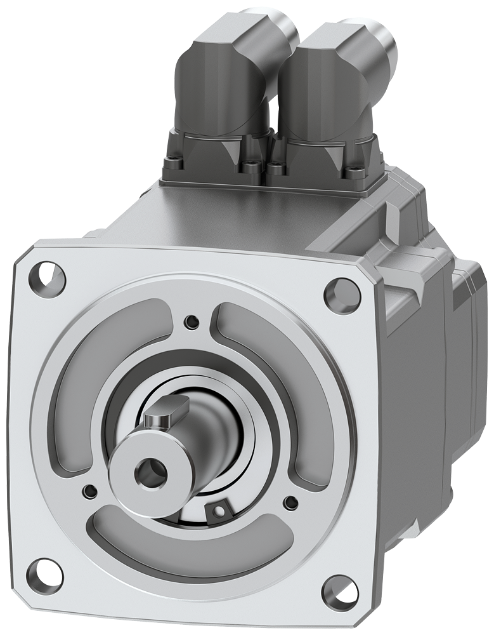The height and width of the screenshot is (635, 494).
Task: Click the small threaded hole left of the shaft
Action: point(88,490)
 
